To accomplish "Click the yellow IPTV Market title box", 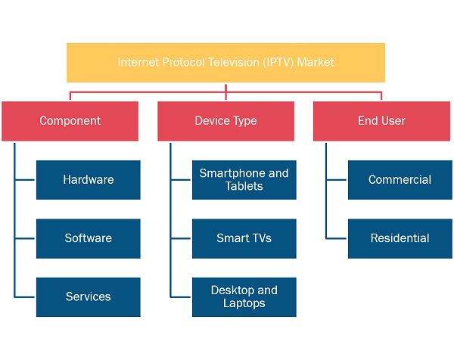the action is point(225,63).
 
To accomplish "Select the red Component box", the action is point(70,121).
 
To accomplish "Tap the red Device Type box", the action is point(225,121).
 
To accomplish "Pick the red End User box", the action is point(381,121).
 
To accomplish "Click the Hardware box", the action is point(89,180).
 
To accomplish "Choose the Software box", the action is point(89,239).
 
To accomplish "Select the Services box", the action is point(89,297).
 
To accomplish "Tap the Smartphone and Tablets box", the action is point(244,180).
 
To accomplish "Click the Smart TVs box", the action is point(244,239).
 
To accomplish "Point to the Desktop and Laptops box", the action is point(244,297).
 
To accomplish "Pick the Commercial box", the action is point(400,180).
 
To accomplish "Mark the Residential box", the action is point(400,239).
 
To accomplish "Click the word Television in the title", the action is point(234,62).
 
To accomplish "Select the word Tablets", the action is point(244,186).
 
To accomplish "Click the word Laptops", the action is point(244,303).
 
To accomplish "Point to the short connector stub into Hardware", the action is point(25,180).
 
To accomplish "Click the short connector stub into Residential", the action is point(337,239).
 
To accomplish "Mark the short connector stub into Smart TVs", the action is point(181,239).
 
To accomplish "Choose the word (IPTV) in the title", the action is point(278,63).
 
